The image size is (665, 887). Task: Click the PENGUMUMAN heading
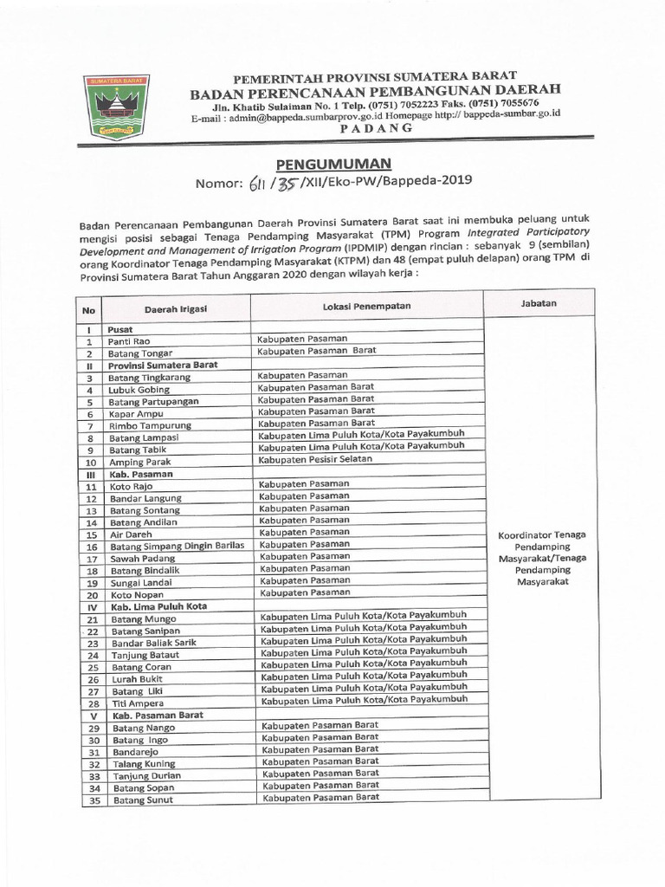point(333,163)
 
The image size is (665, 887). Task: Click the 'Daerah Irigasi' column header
point(175,308)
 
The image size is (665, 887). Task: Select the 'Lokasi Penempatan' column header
point(366,307)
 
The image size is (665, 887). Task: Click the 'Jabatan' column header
point(539,303)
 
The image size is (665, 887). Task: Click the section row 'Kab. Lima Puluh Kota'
point(158,606)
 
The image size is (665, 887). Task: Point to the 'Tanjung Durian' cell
point(143,776)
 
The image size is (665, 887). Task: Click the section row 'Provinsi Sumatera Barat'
point(162,366)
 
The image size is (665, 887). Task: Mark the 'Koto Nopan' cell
point(136,595)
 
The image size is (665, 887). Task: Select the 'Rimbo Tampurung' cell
point(148,426)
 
